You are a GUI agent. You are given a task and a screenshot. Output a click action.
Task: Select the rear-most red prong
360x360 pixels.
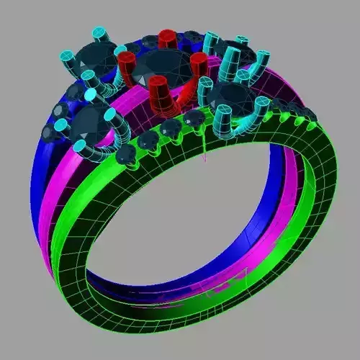[x=167, y=37]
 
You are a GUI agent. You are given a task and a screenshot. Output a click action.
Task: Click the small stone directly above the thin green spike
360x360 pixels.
[x=193, y=119]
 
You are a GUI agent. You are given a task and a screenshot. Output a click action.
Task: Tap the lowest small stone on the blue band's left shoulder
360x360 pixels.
[x=51, y=132]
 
